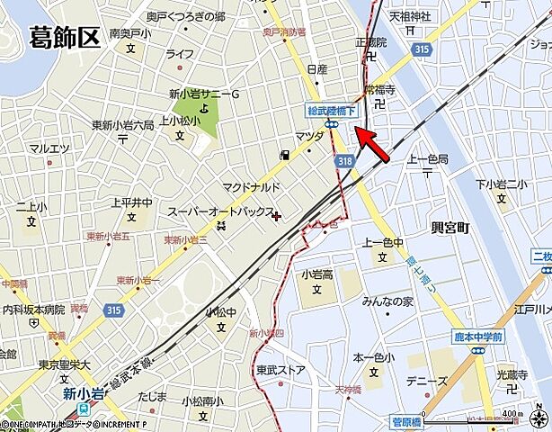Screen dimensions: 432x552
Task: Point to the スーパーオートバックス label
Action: (x=219, y=211)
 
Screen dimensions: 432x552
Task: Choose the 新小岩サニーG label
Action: (x=205, y=94)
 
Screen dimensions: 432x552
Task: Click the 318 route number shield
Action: (x=345, y=159)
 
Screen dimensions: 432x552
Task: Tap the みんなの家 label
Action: (x=387, y=301)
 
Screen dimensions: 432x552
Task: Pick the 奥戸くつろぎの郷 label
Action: (x=186, y=16)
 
